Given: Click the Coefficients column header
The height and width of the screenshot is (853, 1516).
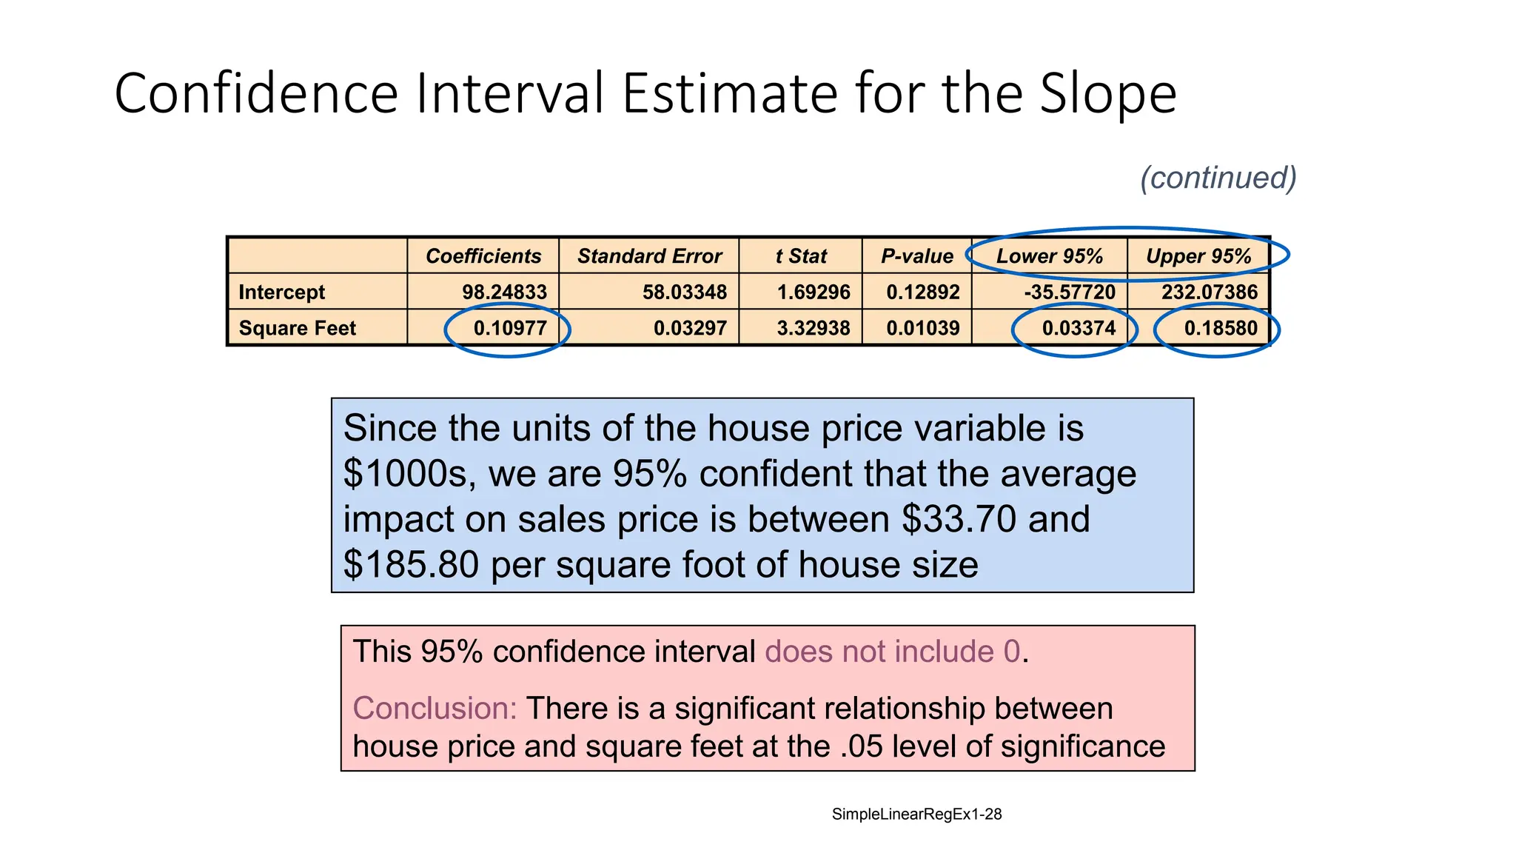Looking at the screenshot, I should pyautogui.click(x=483, y=256).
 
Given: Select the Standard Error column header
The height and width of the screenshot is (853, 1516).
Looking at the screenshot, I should pyautogui.click(x=649, y=256).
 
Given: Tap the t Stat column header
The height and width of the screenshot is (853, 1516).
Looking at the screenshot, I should pyautogui.click(x=801, y=256).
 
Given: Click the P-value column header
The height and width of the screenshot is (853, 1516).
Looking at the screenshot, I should pyautogui.click(x=916, y=256).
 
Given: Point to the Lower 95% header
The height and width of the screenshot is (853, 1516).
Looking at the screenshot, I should pyautogui.click(x=1049, y=256).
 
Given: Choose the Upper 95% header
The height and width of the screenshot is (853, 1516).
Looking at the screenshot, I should pyautogui.click(x=1198, y=256).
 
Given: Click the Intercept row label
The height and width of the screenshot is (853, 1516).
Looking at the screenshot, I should pyautogui.click(x=281, y=292).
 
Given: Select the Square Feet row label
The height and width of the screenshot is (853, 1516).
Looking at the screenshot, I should pyautogui.click(x=297, y=328).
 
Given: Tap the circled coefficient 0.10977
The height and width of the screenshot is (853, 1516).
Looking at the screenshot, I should pyautogui.click(x=509, y=328).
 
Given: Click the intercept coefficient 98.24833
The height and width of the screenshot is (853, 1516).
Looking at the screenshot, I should pyautogui.click(x=504, y=292).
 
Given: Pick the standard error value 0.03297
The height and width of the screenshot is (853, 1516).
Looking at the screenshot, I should pyautogui.click(x=690, y=328).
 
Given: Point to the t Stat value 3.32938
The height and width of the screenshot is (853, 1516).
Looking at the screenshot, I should pyautogui.click(x=813, y=328).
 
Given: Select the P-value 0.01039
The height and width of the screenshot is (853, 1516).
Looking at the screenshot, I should pyautogui.click(x=922, y=328).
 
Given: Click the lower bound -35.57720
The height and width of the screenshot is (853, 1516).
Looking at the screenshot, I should pyautogui.click(x=1070, y=292).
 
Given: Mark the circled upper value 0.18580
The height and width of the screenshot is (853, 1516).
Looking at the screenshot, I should pyautogui.click(x=1220, y=328).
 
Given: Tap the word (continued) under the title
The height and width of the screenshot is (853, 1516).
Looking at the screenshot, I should pyautogui.click(x=1218, y=178).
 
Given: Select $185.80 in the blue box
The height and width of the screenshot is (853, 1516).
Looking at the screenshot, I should pyautogui.click(x=411, y=565).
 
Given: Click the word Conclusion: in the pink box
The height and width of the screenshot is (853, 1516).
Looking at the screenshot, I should pyautogui.click(x=435, y=709).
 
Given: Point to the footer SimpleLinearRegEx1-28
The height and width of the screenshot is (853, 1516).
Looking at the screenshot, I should pyautogui.click(x=916, y=814).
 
